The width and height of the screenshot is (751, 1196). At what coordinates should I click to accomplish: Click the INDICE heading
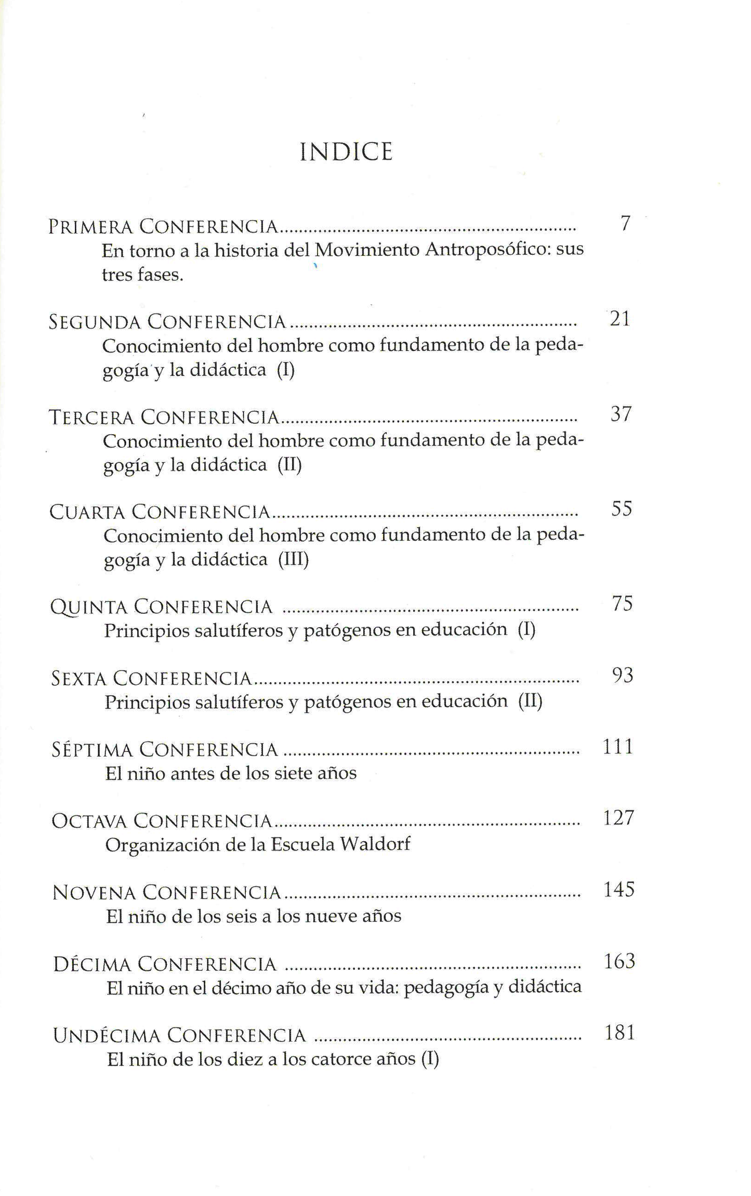click(346, 152)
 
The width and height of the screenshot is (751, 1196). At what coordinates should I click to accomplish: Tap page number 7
click(625, 224)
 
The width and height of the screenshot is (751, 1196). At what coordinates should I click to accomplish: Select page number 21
click(620, 319)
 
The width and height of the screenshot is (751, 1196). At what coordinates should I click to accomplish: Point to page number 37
click(621, 414)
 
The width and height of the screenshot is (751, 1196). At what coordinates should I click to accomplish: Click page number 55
click(621, 509)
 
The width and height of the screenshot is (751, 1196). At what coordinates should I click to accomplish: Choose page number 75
click(622, 604)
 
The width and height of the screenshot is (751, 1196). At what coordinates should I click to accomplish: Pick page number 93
click(622, 675)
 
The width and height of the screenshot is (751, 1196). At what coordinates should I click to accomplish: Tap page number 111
click(618, 747)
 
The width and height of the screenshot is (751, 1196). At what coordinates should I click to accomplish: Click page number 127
click(618, 818)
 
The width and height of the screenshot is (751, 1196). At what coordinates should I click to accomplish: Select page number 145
click(619, 890)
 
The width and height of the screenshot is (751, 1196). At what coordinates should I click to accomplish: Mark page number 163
click(620, 961)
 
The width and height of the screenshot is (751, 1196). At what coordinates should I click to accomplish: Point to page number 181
click(620, 1033)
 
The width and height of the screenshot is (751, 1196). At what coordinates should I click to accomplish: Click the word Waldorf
click(375, 844)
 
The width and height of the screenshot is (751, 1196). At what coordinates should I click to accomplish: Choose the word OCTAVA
click(89, 821)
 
